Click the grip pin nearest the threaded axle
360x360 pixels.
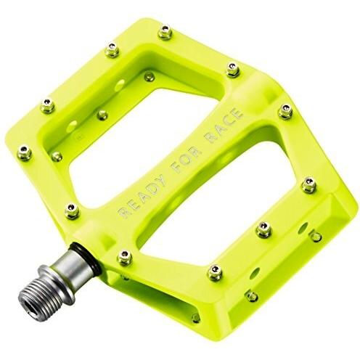pyautogui.click(x=124, y=256)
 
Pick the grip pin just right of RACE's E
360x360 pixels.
pyautogui.click(x=233, y=69)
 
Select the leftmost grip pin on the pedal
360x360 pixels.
pyautogui.click(x=24, y=152)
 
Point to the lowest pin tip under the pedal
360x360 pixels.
pyautogui.click(x=195, y=318)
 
